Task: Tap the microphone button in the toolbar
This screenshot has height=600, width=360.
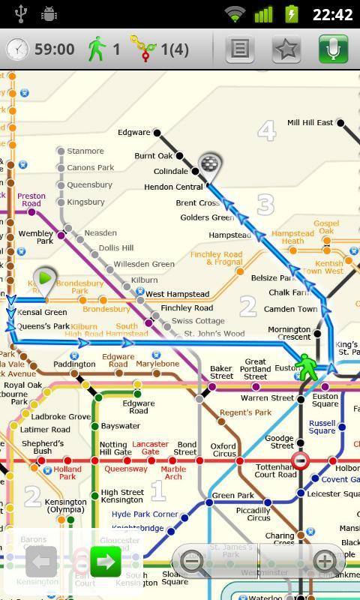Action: tap(333, 49)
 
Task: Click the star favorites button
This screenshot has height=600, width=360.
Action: tap(286, 49)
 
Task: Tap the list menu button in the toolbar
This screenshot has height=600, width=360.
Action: tap(240, 49)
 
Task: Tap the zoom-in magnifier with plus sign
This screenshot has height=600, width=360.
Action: tap(323, 561)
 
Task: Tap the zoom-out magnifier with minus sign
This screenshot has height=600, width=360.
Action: tap(194, 561)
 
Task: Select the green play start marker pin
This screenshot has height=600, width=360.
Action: tap(46, 280)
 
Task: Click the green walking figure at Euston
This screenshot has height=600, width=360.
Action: tap(306, 366)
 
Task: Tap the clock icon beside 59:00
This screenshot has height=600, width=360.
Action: tap(17, 49)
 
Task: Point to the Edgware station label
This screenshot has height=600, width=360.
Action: tap(134, 133)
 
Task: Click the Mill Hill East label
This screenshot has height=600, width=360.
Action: tap(310, 122)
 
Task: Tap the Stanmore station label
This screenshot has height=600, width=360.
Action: tap(85, 151)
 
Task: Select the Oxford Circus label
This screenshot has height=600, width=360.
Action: tap(223, 450)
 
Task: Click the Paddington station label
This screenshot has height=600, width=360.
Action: tap(74, 364)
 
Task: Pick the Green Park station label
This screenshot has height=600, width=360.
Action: tap(233, 496)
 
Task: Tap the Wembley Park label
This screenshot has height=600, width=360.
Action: tap(36, 237)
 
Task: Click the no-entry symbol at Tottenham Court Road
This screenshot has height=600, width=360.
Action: tap(301, 460)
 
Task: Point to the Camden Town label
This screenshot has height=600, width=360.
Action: tap(290, 309)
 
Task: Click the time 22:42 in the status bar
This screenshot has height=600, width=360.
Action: tap(331, 14)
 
